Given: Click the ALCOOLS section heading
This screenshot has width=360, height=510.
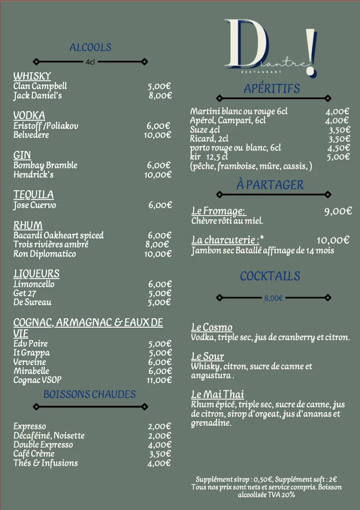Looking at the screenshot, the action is [x=90, y=47].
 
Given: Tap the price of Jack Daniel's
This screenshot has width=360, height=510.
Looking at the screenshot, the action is [x=160, y=96].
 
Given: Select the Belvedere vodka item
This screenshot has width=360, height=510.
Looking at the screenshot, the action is [x=31, y=135].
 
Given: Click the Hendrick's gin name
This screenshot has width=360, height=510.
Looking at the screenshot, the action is [x=33, y=175].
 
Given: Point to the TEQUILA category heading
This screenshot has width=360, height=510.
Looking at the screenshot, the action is [x=33, y=194].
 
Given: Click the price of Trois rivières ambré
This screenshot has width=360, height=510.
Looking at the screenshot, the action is [x=157, y=244].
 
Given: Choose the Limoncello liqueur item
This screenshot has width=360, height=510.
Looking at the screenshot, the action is [x=34, y=284].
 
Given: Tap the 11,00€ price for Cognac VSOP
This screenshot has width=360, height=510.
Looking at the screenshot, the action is [x=159, y=380].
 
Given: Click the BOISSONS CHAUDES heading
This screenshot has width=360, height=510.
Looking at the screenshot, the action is [x=90, y=394].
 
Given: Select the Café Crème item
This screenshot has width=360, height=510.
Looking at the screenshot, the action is [x=34, y=454].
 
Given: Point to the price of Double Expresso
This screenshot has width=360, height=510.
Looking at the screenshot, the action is [x=159, y=445].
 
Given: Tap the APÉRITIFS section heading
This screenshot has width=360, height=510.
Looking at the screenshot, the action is [x=272, y=89].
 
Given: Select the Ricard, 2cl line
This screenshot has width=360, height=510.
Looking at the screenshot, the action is [x=209, y=139].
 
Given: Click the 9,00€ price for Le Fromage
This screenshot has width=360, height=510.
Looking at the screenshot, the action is [x=338, y=211].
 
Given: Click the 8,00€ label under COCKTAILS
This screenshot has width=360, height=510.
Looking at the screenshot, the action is [x=273, y=298].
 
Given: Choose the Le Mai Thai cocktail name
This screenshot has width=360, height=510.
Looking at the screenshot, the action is [x=218, y=395].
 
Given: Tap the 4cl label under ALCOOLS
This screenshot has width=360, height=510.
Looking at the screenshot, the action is [x=90, y=62].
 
